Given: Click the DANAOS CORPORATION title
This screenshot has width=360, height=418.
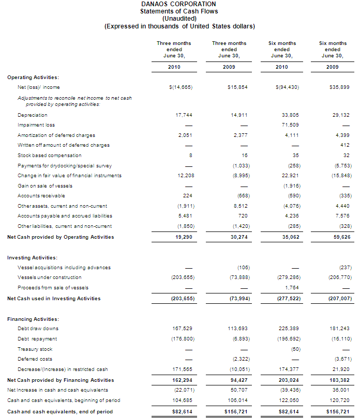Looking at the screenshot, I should pos(178,4).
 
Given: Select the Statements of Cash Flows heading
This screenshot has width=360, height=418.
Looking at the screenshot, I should pos(179,11).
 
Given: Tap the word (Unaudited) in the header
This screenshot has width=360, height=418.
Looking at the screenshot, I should pos(179,19).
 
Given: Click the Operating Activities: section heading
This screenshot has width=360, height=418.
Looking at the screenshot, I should pos(33,77).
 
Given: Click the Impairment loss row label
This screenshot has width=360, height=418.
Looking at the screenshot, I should pos(36,125).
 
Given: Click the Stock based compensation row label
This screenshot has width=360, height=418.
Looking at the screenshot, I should pos(50,156).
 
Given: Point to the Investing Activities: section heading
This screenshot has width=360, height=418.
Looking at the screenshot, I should pos(32,257).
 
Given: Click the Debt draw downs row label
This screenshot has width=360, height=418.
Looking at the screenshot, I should pos(38,329).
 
